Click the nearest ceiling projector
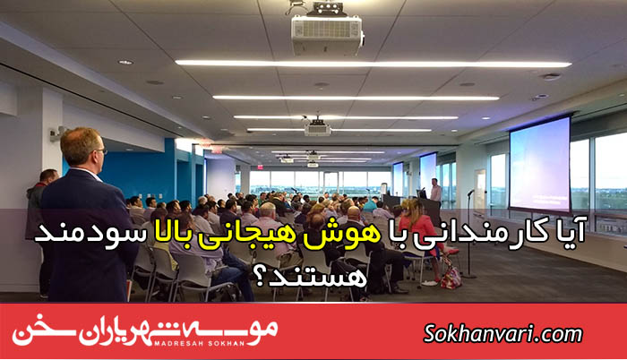(327, 32)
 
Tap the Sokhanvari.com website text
(503, 333)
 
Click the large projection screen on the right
(540, 164)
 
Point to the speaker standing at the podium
(436, 192)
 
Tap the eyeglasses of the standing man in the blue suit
(100, 151)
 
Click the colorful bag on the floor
(451, 275)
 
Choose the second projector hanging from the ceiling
(318, 127)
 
